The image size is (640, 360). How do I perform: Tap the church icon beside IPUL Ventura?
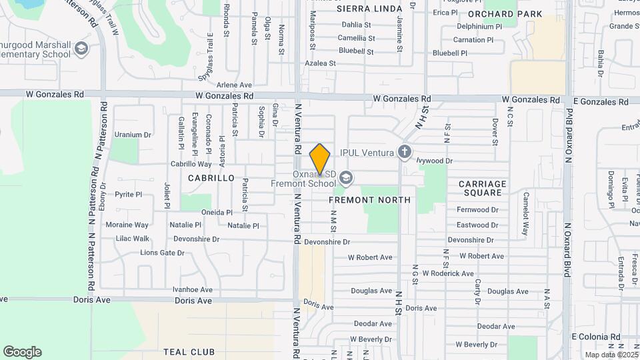(404, 152)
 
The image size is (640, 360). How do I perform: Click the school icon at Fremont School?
(345, 177)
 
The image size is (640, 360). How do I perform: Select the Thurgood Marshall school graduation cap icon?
(81, 48)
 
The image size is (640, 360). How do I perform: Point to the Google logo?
(22, 352)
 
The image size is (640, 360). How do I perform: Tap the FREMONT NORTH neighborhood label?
(369, 199)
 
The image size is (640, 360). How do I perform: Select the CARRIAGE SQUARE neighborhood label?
(480, 188)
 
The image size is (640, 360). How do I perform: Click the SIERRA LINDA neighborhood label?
(369, 9)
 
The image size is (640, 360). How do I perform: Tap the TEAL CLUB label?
(189, 351)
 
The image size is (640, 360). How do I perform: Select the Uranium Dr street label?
(133, 135)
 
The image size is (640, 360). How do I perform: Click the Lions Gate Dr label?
(162, 253)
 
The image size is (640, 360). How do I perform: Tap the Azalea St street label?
(321, 63)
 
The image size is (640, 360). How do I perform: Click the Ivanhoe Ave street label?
(192, 289)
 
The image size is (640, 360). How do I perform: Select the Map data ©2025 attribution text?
(610, 354)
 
